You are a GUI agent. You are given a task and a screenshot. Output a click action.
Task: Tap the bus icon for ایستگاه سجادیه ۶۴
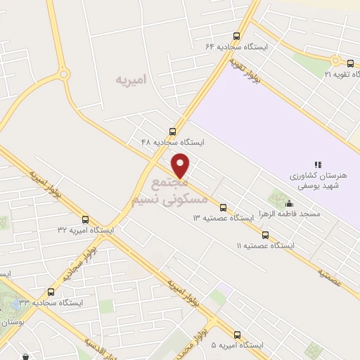[x=236, y=37]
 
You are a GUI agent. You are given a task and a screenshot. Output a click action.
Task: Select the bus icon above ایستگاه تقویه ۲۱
[x=350, y=64]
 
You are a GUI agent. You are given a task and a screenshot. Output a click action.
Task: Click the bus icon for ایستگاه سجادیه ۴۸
[x=173, y=131]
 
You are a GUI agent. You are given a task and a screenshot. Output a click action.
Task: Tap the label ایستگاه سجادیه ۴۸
[x=173, y=142]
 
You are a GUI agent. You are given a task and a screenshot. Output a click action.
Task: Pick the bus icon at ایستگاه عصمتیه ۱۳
[x=223, y=207]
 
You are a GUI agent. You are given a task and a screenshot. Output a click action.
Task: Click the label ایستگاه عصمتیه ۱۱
[x=265, y=246]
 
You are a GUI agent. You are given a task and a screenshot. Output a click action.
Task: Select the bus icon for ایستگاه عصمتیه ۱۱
[x=265, y=236]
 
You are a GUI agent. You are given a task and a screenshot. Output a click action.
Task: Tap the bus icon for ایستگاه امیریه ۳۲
[x=86, y=219]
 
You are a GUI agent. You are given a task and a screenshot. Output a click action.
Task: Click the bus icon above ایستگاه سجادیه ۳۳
[x=51, y=292]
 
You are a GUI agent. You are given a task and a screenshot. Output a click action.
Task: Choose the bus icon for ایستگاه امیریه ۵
[x=237, y=335]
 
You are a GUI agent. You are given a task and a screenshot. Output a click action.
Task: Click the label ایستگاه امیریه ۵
[x=238, y=346]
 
